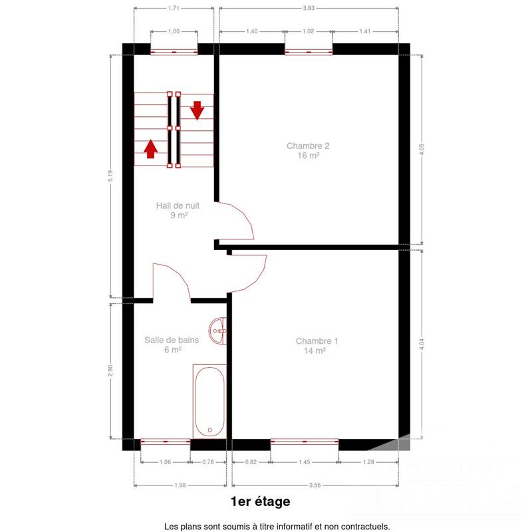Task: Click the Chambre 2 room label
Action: point(308,151)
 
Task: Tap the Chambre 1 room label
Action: point(317,346)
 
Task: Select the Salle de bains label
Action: point(172,344)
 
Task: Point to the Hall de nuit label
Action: point(178,210)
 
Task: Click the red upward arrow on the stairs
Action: point(151,148)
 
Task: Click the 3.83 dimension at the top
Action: point(308,8)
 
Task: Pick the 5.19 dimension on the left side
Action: point(110,178)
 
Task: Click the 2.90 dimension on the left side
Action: point(110,370)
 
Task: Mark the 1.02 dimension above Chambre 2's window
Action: point(308,31)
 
